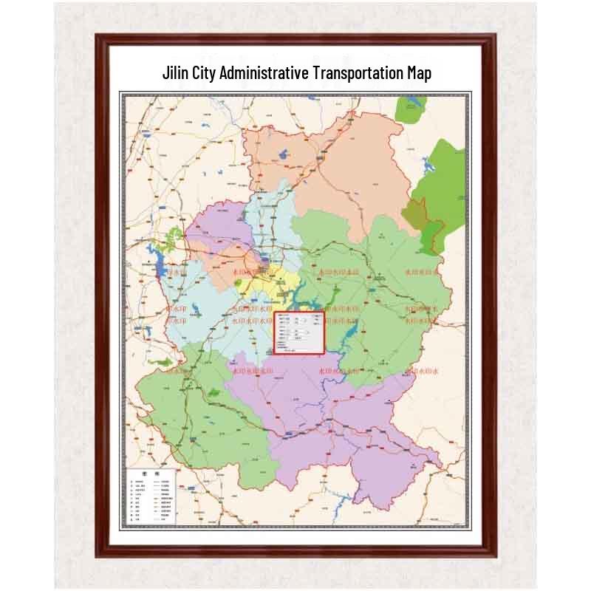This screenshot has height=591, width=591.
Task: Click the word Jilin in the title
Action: (x=176, y=73)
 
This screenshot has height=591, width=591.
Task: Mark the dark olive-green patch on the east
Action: (x=414, y=214)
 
